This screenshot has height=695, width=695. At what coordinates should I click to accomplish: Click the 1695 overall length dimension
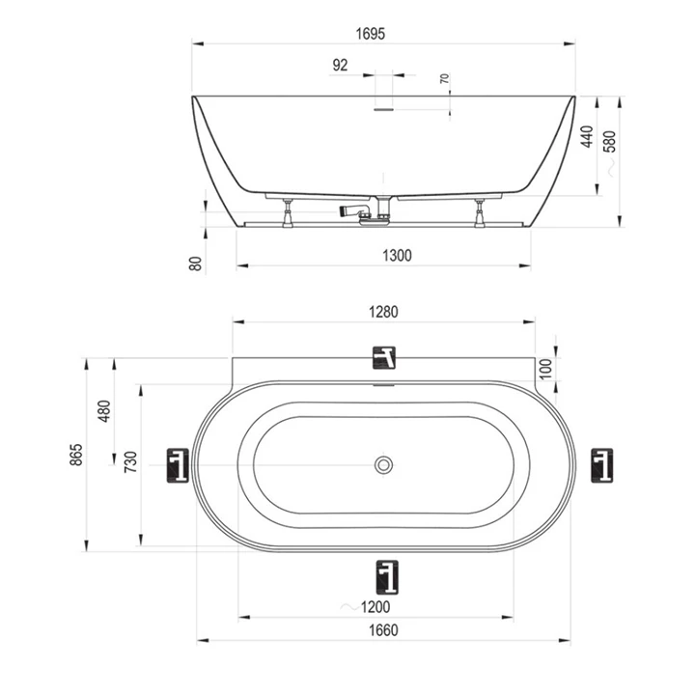click(x=370, y=34)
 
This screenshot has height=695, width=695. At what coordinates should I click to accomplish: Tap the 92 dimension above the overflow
click(x=340, y=66)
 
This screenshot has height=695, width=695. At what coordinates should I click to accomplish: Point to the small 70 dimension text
click(x=445, y=79)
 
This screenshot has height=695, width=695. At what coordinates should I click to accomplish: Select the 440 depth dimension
click(x=586, y=137)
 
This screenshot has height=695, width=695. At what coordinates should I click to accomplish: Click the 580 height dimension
click(x=607, y=141)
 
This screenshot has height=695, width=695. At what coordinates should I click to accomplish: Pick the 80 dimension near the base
click(x=196, y=263)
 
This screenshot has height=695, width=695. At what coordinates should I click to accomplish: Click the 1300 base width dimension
click(x=397, y=256)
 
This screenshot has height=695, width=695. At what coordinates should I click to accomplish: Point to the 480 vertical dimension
click(x=105, y=410)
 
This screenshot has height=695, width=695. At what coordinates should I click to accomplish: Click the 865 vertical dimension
click(x=77, y=455)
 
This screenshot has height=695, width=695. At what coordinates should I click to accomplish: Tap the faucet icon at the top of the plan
click(x=385, y=358)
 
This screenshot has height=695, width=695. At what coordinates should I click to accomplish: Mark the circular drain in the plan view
click(x=385, y=466)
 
